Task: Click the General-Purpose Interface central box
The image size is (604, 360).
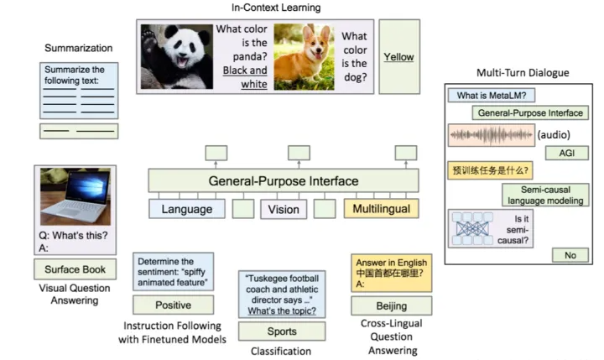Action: [284, 181]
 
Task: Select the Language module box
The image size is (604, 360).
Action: [186, 209]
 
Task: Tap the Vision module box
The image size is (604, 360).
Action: [283, 209]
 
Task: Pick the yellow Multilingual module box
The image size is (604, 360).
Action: [380, 209]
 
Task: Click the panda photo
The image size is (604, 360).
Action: [174, 57]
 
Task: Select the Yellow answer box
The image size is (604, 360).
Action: [398, 57]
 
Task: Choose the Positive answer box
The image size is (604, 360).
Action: [173, 305]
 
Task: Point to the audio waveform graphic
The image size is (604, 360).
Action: [490, 134]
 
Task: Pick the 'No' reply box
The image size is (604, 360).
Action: [570, 255]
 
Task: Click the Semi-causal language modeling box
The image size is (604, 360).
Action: [545, 196]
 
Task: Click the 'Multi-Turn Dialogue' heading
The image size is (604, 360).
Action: [523, 73]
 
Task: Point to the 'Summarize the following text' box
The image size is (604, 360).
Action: [78, 91]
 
